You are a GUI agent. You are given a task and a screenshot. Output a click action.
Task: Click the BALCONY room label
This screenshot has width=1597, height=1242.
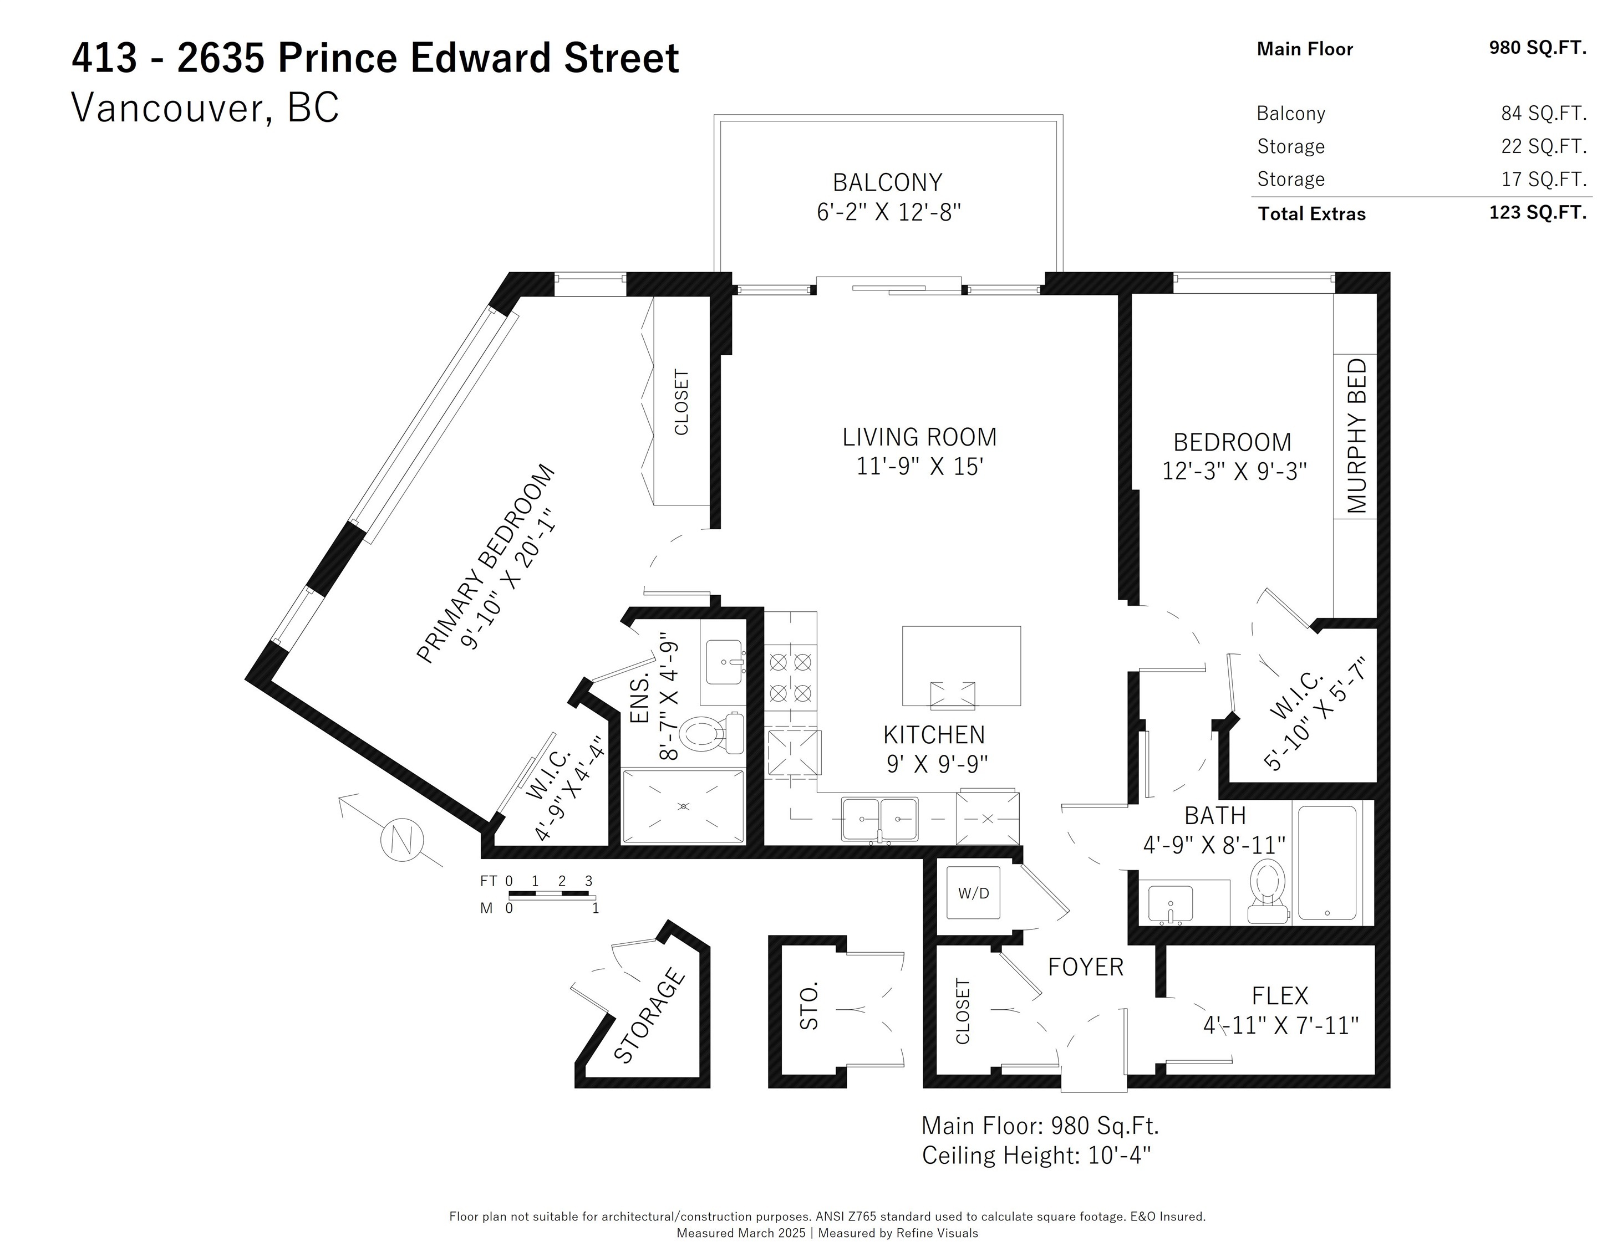pos(887,182)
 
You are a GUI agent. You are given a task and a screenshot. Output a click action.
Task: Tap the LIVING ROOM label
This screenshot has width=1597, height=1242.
pos(919,437)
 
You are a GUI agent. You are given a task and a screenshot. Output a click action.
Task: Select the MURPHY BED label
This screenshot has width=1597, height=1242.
pos(1356,436)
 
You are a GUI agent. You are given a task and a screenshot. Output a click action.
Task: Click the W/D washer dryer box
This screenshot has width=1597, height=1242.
pos(973,893)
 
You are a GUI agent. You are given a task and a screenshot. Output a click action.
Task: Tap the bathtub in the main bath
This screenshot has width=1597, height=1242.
pos(1327,862)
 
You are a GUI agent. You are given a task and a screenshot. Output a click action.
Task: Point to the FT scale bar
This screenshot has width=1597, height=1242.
pos(548,894)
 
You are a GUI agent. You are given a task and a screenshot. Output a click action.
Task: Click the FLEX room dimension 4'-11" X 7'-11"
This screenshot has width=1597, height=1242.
pos(1280,1026)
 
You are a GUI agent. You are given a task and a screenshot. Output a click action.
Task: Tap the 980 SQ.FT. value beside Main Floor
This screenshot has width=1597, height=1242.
pos(1538,48)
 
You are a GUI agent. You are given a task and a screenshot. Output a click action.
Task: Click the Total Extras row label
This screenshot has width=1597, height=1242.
pos(1312,213)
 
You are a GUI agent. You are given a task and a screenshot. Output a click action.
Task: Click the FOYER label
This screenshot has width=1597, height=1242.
pos(1085,967)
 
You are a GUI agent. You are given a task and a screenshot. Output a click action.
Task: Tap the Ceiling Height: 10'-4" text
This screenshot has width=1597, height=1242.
pos(1036,1156)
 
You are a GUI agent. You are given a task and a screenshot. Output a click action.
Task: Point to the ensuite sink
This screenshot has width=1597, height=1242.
pos(723,662)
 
